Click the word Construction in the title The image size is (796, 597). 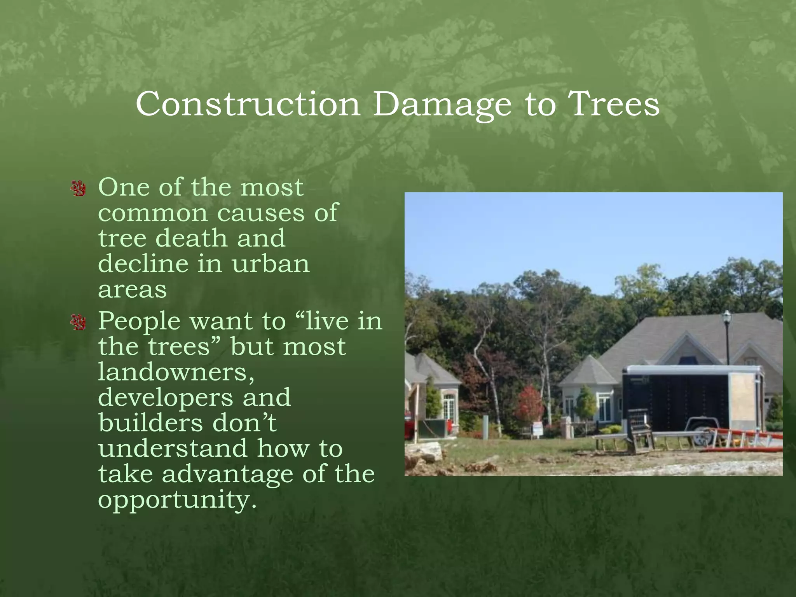point(248,104)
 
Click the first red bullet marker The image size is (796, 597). point(79,189)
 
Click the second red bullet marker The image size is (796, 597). point(79,322)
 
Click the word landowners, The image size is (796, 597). point(176,372)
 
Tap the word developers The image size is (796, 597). point(166,397)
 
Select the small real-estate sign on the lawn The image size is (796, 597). point(537,429)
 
